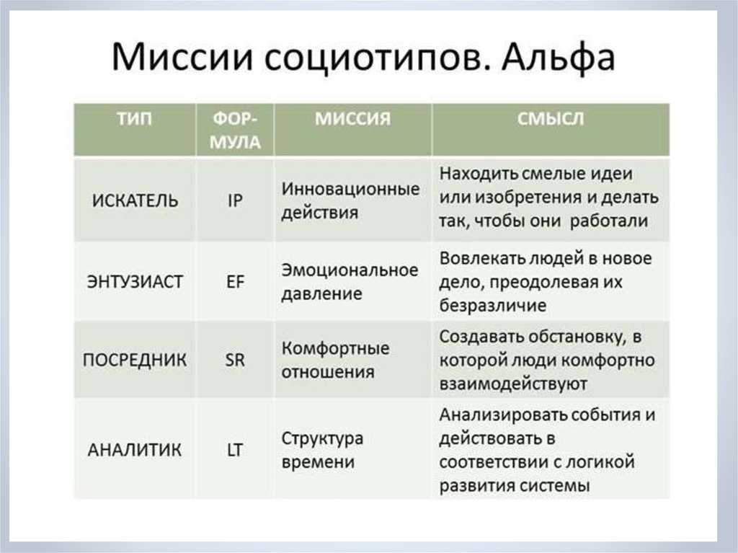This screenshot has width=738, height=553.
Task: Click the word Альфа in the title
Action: click(558, 58)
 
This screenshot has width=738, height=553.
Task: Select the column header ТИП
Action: click(135, 119)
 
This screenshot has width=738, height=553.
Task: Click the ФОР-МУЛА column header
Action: click(235, 130)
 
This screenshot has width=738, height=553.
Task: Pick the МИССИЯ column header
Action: click(352, 119)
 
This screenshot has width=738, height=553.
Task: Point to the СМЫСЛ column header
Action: click(550, 119)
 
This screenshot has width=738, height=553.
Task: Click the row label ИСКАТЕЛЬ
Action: click(135, 200)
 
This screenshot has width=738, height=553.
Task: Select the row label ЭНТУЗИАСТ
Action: click(135, 282)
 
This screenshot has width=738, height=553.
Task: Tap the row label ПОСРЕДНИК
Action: click(135, 360)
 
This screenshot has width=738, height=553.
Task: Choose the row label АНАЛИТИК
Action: click(135, 450)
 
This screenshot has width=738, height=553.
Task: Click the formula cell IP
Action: click(235, 200)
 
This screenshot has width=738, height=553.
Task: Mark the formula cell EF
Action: click(235, 282)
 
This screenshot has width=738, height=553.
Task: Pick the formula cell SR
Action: click(235, 360)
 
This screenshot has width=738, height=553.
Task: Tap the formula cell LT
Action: click(235, 450)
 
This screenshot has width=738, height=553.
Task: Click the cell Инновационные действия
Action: click(350, 200)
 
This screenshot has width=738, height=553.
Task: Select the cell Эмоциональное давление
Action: click(350, 282)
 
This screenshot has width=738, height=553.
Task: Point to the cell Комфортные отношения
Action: click(335, 360)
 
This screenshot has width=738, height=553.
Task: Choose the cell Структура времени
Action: click(322, 450)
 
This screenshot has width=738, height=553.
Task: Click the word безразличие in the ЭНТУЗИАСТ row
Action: click(493, 305)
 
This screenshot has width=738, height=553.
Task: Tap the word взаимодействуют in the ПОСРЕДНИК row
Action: click(513, 384)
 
